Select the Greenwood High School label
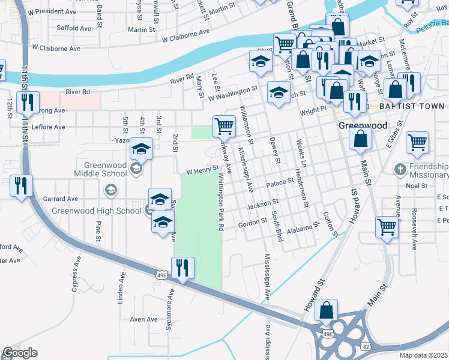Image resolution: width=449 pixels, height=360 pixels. pos(96,211)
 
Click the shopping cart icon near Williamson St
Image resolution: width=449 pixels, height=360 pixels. pos(224,127)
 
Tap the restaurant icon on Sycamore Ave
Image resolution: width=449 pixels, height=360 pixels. pos(182,268)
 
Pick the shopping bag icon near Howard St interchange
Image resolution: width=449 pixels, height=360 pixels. pos(327,310)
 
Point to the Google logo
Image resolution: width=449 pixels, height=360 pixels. pos(20,353)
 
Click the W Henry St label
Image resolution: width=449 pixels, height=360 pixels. pos(201,171)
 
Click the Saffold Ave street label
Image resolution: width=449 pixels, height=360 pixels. pos(73,28)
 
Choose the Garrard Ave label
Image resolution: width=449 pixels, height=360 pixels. pos(64,199)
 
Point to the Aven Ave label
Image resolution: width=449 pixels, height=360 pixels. pos(143,319)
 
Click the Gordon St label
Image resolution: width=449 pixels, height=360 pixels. pos(252,221)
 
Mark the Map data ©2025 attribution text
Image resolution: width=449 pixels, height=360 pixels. pos(423,355)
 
